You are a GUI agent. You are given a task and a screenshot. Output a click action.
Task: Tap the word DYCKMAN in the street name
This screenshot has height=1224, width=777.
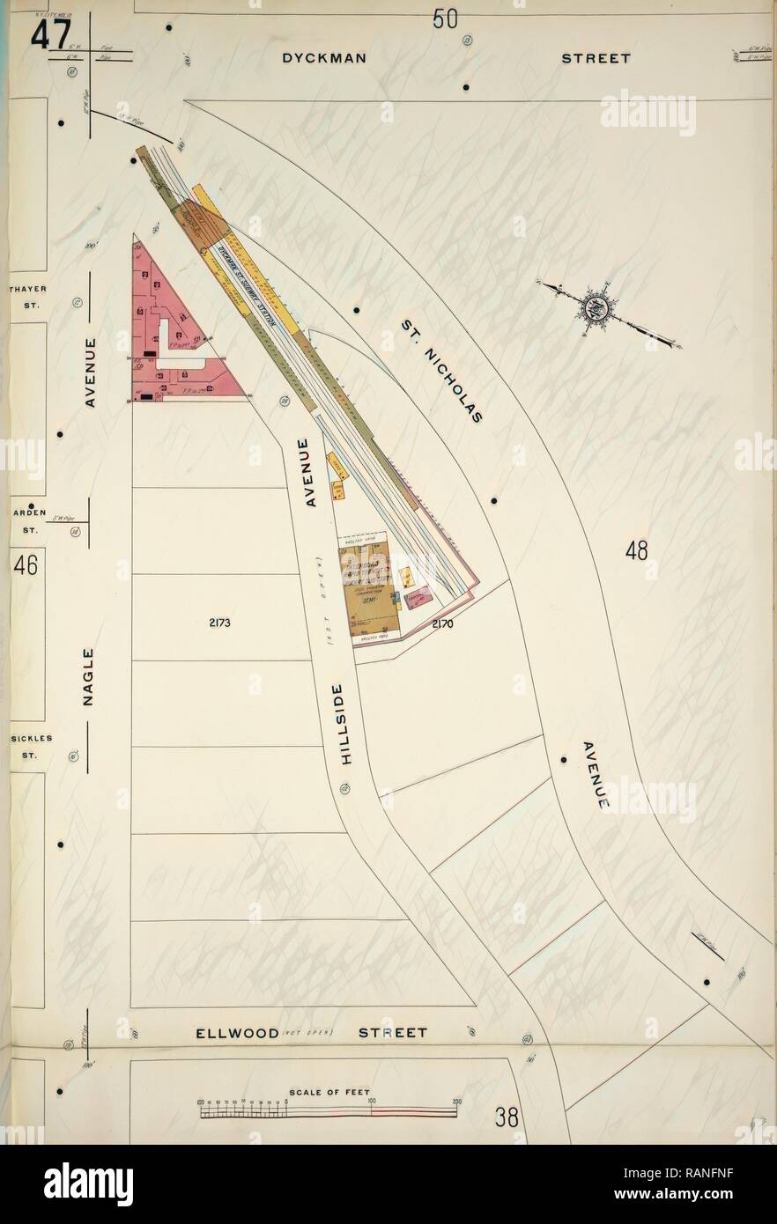(323, 59)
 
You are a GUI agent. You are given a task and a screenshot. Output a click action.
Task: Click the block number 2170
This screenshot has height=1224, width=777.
(442, 624)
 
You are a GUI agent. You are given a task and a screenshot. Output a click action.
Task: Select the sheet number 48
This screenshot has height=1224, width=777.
(636, 551)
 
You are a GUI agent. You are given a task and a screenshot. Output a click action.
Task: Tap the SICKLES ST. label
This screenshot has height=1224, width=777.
(27, 748)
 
